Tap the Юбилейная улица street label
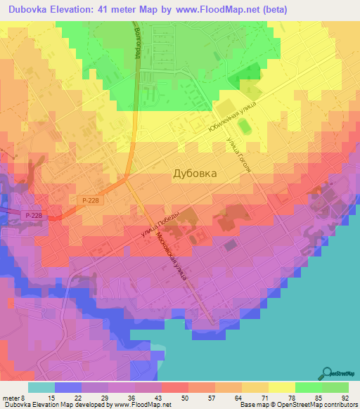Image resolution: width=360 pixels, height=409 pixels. pos(231,117)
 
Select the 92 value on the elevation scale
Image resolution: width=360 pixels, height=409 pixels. pos(345,397)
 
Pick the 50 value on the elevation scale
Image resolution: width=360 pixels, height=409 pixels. pos(184,397)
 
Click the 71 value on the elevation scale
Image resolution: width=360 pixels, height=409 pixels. pos(264,397)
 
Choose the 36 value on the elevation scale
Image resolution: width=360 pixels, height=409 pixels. pos(131,397)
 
